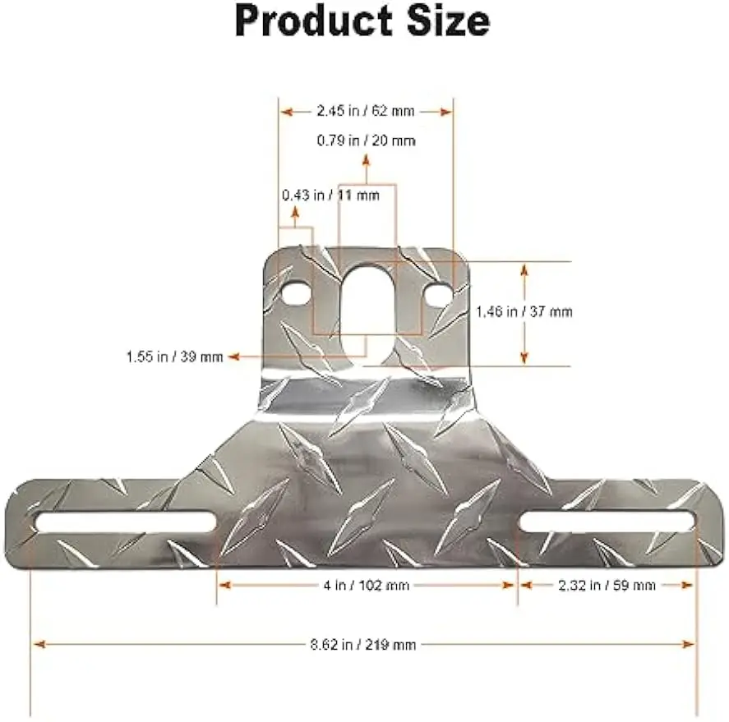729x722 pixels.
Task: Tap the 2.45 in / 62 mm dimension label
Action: (x=366, y=111)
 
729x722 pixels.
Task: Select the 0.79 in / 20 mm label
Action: (x=367, y=140)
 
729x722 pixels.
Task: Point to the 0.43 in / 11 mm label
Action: (x=330, y=195)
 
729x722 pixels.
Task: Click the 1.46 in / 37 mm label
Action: (x=524, y=311)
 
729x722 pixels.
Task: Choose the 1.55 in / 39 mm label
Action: (x=174, y=356)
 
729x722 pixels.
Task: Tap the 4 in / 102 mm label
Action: (x=367, y=586)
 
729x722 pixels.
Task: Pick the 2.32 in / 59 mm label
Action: (x=607, y=586)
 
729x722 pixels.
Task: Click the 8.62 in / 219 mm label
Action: (x=363, y=645)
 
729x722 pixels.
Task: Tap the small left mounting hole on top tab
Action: (x=296, y=292)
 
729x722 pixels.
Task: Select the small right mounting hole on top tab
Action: (x=438, y=292)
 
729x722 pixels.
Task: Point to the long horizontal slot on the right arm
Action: (x=607, y=521)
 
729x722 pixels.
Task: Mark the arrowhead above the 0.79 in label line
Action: (x=367, y=158)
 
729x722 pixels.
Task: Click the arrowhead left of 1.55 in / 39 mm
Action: (x=233, y=356)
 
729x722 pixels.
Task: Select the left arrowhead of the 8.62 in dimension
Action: (x=38, y=645)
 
